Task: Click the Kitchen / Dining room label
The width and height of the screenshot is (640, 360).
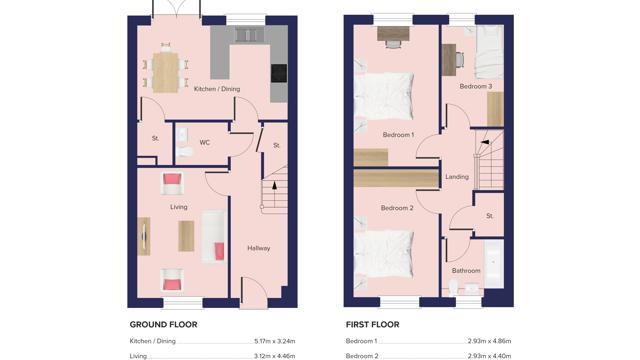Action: (x=217, y=89)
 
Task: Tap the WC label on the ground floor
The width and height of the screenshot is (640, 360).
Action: (x=205, y=142)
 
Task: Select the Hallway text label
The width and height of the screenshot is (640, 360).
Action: (x=259, y=248)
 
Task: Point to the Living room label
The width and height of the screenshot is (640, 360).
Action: (x=178, y=207)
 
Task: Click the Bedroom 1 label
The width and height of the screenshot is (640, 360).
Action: (x=398, y=134)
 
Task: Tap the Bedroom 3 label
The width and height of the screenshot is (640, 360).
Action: (x=475, y=87)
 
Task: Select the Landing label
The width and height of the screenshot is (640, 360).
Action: (x=456, y=177)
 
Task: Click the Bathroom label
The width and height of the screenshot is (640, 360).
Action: (x=466, y=270)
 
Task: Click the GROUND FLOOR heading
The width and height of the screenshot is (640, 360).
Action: (x=163, y=324)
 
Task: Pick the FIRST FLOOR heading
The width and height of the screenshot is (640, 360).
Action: (x=372, y=324)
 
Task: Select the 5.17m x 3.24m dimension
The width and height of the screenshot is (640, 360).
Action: (x=270, y=341)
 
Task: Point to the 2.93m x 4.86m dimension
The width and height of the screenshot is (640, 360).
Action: (x=489, y=341)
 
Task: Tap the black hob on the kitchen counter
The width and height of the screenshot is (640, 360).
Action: (x=278, y=73)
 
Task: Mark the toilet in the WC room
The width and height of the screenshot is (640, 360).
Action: (x=184, y=150)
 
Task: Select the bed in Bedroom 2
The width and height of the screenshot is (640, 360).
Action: (x=385, y=249)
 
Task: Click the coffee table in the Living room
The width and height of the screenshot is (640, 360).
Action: (x=186, y=236)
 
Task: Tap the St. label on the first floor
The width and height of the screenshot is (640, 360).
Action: (x=490, y=215)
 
